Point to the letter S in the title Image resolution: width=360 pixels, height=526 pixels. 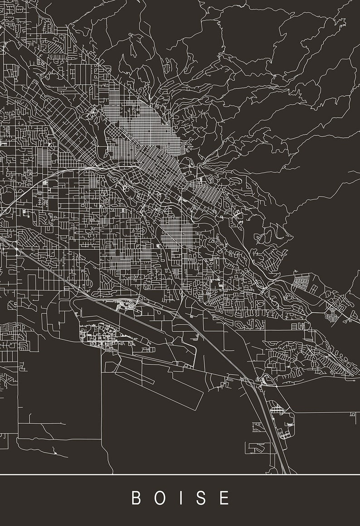[202, 497]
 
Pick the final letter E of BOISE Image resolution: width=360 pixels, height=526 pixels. [224, 497]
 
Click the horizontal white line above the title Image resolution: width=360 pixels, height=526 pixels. [180, 474]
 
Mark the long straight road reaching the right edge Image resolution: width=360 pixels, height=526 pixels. [322, 412]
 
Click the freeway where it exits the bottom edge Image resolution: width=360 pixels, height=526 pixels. [285, 471]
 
